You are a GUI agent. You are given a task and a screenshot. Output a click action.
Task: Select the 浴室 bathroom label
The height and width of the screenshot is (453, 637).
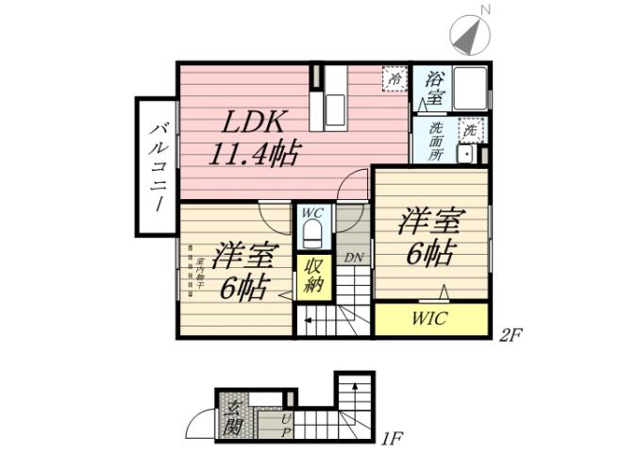[x=435, y=91]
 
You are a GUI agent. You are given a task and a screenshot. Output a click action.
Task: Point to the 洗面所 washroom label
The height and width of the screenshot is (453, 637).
[x=436, y=141]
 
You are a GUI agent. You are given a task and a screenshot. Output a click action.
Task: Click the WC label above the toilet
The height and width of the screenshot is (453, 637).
[x=312, y=214]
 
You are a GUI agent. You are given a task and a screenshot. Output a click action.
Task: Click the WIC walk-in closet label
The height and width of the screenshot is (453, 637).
[x=429, y=318]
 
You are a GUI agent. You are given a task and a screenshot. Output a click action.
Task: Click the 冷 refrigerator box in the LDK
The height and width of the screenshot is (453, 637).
[x=395, y=79]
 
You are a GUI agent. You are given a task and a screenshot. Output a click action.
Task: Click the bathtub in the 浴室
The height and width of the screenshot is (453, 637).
[x=469, y=91]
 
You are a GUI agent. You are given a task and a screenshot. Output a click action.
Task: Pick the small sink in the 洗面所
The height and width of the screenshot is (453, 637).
[x=464, y=155]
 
